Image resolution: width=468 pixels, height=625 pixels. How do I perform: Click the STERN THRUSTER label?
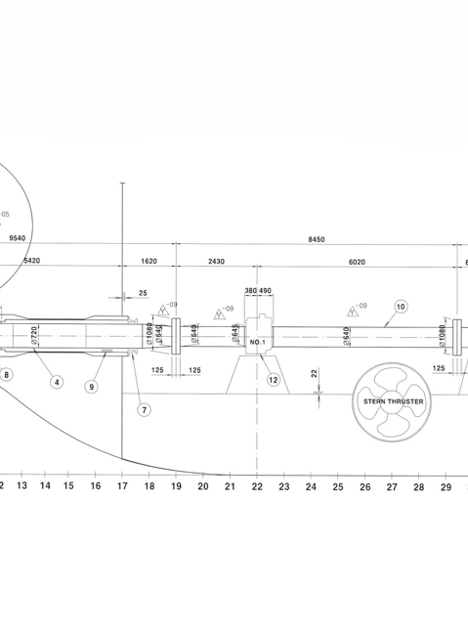(394, 401)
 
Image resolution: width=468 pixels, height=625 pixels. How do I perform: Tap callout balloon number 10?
(400, 306)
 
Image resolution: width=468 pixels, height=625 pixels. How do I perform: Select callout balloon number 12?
(274, 379)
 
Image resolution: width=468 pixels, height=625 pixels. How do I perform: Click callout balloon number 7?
(144, 409)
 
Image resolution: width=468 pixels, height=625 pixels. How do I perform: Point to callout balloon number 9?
(92, 387)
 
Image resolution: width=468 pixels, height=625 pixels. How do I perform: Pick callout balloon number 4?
(58, 382)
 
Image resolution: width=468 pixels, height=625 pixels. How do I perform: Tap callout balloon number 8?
(8, 373)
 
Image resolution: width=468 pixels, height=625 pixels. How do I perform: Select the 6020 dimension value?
(363, 262)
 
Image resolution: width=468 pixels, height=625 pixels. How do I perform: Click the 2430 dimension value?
(216, 262)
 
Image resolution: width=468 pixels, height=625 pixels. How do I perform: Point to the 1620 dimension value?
(149, 262)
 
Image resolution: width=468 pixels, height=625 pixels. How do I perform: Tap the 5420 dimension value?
(30, 262)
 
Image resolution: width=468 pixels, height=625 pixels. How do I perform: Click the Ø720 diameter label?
(34, 335)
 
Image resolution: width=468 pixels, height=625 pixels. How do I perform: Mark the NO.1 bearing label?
(257, 343)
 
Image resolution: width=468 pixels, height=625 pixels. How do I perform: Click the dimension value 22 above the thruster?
(313, 373)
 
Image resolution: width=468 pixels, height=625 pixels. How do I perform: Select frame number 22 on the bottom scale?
(256, 485)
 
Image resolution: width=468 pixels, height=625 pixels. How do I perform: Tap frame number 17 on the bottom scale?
(122, 485)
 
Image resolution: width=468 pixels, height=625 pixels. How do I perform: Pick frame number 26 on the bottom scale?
(364, 485)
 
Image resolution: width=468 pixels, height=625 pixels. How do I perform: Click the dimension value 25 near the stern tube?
(144, 293)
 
